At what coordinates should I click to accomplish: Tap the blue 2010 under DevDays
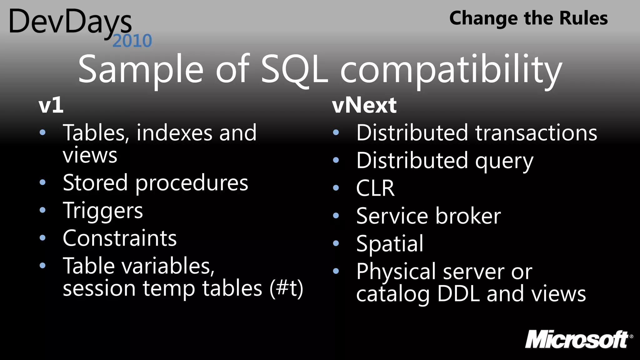[132, 41]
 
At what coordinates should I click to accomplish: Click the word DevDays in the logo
[70, 22]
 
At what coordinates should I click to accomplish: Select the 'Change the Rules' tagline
[528, 18]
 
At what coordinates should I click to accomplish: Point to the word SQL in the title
[294, 69]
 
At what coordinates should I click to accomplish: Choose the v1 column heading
[51, 105]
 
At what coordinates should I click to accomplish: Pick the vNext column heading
[364, 105]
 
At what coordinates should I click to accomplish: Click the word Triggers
[103, 211]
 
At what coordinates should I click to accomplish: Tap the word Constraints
[120, 238]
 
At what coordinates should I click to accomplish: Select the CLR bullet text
[375, 188]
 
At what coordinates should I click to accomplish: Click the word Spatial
[390, 244]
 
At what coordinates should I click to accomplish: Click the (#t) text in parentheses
[286, 288]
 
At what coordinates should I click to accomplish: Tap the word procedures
[192, 183]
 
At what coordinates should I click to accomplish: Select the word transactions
[536, 133]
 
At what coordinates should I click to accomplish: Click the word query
[504, 161]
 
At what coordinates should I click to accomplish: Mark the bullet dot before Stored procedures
[43, 182]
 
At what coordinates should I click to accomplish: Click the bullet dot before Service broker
[336, 216]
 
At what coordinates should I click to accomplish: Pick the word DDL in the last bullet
[458, 294]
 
